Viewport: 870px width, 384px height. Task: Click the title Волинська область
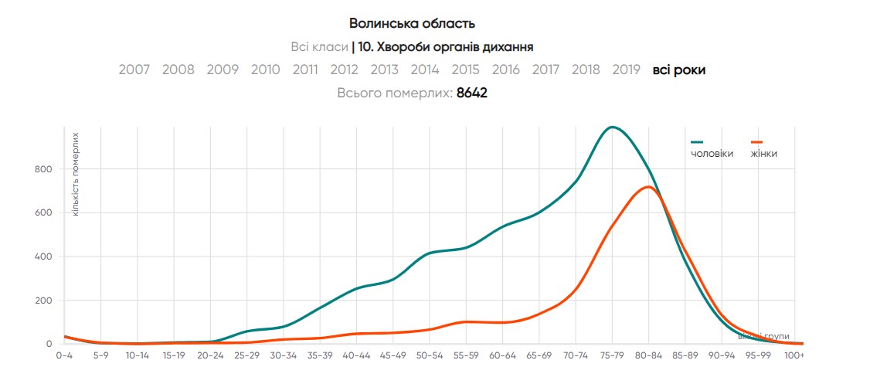412,23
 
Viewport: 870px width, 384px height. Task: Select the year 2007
134,70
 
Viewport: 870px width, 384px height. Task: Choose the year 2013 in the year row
384,70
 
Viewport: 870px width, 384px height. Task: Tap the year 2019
626,70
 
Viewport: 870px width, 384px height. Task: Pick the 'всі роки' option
679,70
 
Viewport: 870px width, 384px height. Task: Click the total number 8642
472,93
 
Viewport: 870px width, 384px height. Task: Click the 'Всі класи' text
318,47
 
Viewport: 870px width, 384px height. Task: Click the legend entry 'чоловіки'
712,154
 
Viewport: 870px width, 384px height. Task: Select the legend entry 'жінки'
763,154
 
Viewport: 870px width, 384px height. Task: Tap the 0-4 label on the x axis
64,355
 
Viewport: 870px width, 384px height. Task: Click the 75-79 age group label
612,355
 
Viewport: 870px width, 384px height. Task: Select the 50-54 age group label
429,355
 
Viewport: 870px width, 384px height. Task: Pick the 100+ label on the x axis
794,355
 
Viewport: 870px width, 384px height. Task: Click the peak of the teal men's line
612,127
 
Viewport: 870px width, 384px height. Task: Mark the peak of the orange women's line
648,187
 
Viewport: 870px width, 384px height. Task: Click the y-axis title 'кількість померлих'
75,175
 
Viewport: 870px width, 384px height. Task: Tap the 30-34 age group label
283,355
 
